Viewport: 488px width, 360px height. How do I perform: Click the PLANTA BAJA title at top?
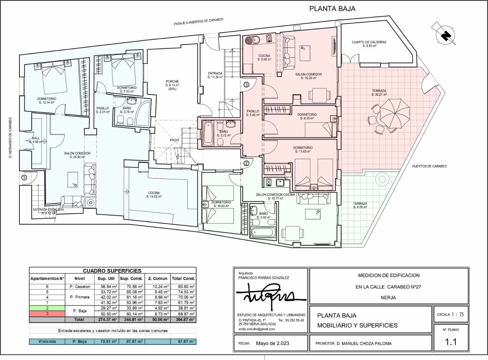click(332, 9)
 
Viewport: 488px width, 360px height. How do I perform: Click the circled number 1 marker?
click(24, 177)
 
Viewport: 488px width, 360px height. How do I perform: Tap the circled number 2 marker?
click(246, 163)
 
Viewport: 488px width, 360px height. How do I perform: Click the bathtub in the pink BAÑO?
click(208, 133)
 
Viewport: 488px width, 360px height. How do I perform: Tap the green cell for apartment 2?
click(47, 308)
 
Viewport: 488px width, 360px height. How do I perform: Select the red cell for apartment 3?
click(47, 314)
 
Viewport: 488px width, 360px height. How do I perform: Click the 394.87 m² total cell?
click(183, 319)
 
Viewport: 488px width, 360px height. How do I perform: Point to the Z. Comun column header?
click(158, 278)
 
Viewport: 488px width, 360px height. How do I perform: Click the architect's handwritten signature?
click(268, 294)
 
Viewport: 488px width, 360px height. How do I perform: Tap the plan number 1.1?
click(451, 342)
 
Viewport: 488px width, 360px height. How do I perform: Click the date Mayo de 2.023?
click(272, 343)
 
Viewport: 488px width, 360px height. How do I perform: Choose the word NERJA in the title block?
click(388, 298)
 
